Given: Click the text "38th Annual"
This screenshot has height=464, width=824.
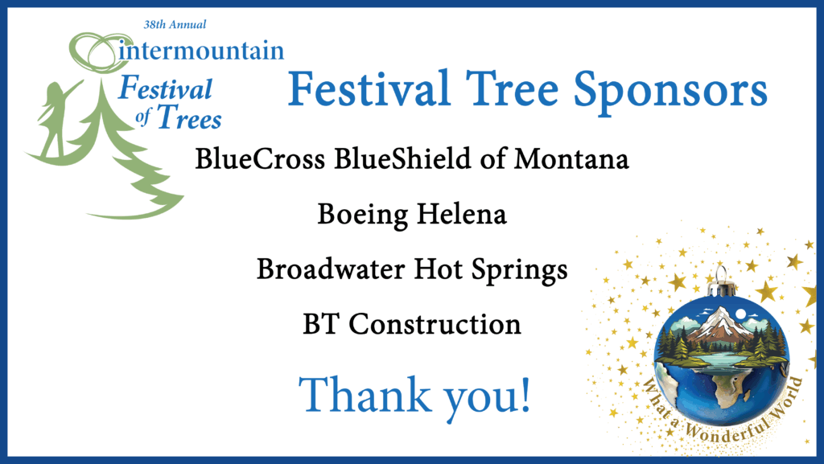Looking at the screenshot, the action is pyautogui.click(x=175, y=24).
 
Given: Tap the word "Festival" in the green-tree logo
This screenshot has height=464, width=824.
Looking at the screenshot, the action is pyautogui.click(x=165, y=88).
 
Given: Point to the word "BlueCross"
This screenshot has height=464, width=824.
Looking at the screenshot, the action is pyautogui.click(x=260, y=158).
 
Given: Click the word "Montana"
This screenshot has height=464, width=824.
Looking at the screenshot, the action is pyautogui.click(x=571, y=158).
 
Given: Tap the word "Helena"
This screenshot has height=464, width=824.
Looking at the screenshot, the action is pyautogui.click(x=462, y=214).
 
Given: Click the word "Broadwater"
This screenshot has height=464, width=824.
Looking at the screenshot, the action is pyautogui.click(x=331, y=269).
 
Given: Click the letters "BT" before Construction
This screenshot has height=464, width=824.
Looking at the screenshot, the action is pyautogui.click(x=320, y=324).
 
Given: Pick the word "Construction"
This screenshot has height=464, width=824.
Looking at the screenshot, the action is pyautogui.click(x=435, y=324).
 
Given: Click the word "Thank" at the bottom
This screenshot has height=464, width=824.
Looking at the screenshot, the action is pyautogui.click(x=365, y=394).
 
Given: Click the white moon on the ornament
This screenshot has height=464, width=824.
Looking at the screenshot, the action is pyautogui.click(x=741, y=314).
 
